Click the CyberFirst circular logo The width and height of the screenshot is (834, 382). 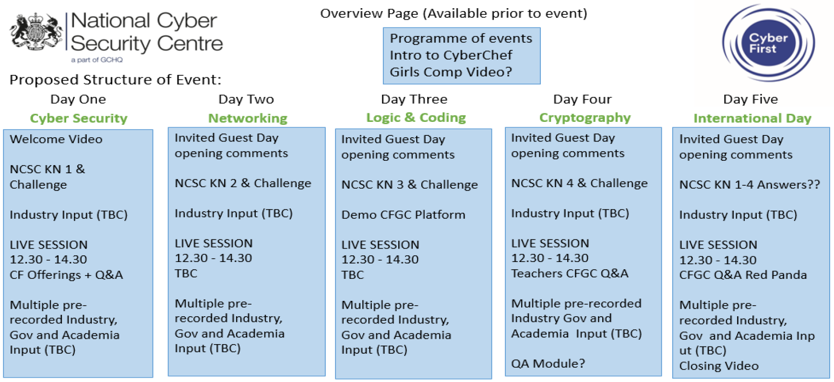pos(768,42)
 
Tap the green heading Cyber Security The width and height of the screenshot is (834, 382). pos(79,118)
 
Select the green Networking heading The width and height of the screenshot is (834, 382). pos(248,118)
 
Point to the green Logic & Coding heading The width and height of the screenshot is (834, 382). pos(416,118)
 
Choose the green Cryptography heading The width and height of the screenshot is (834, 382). pos(585,118)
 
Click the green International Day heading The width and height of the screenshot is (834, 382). pos(752,118)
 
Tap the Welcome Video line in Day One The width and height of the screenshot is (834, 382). pos(56,139)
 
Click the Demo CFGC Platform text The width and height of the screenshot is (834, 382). pos(403,215)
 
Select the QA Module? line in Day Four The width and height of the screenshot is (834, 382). pos(548,363)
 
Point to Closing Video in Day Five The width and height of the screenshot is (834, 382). pos(719,366)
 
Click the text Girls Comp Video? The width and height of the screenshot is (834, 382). pos(451,72)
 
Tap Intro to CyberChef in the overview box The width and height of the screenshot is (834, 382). pos(451,55)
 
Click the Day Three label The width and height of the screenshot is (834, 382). pos(414,99)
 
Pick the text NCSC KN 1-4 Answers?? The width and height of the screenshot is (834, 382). pos(750,185)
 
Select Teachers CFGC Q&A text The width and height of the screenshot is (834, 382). pos(570,274)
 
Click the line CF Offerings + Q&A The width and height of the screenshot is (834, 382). pos(66,275)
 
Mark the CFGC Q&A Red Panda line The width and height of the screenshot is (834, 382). pos(743,275)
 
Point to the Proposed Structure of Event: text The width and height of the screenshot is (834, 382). pos(116,80)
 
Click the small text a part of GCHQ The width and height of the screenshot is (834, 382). pos(97,60)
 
